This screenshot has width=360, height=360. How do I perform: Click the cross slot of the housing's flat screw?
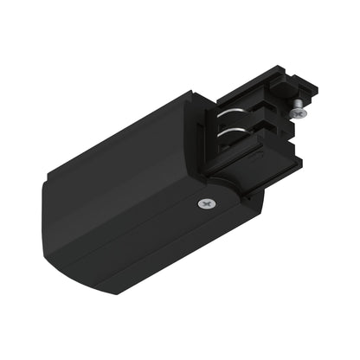tap(204, 203)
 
